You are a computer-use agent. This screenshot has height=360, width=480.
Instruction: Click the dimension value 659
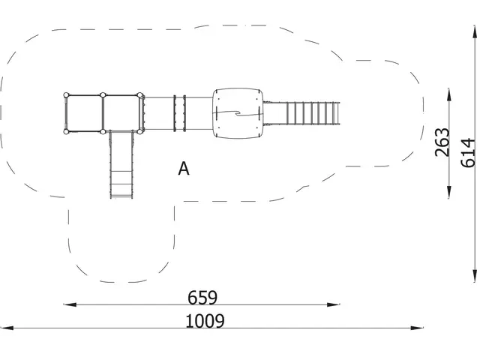pyautogui.click(x=202, y=298)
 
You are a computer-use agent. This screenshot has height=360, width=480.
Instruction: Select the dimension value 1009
pyautogui.click(x=205, y=321)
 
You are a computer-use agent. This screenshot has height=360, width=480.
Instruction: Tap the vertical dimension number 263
pyautogui.click(x=442, y=142)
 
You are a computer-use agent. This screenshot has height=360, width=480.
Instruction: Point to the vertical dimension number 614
pyautogui.click(x=468, y=153)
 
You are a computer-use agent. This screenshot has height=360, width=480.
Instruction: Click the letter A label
pyautogui.click(x=184, y=168)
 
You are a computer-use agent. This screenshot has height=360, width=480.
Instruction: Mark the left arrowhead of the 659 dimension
pyautogui.click(x=70, y=304)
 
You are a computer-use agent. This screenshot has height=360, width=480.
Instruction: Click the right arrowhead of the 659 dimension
pyautogui.click(x=333, y=304)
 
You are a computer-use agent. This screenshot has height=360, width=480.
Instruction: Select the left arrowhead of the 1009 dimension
pyautogui.click(x=7, y=328)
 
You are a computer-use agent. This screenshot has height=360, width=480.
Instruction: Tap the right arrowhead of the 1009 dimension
pyautogui.click(x=417, y=328)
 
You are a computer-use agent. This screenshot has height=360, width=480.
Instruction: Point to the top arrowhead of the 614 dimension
pyautogui.click(x=475, y=33)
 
